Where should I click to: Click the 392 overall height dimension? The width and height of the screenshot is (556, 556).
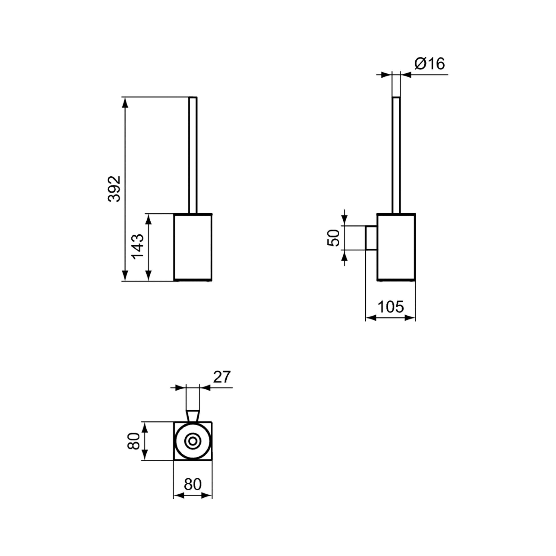pos(114,189)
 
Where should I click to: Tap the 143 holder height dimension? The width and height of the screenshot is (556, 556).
pos(138,246)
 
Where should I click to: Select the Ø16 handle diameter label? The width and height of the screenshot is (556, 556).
pos(429,64)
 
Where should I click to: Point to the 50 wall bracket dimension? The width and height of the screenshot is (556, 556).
pos(334,238)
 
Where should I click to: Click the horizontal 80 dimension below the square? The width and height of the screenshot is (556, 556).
pos(193,484)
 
